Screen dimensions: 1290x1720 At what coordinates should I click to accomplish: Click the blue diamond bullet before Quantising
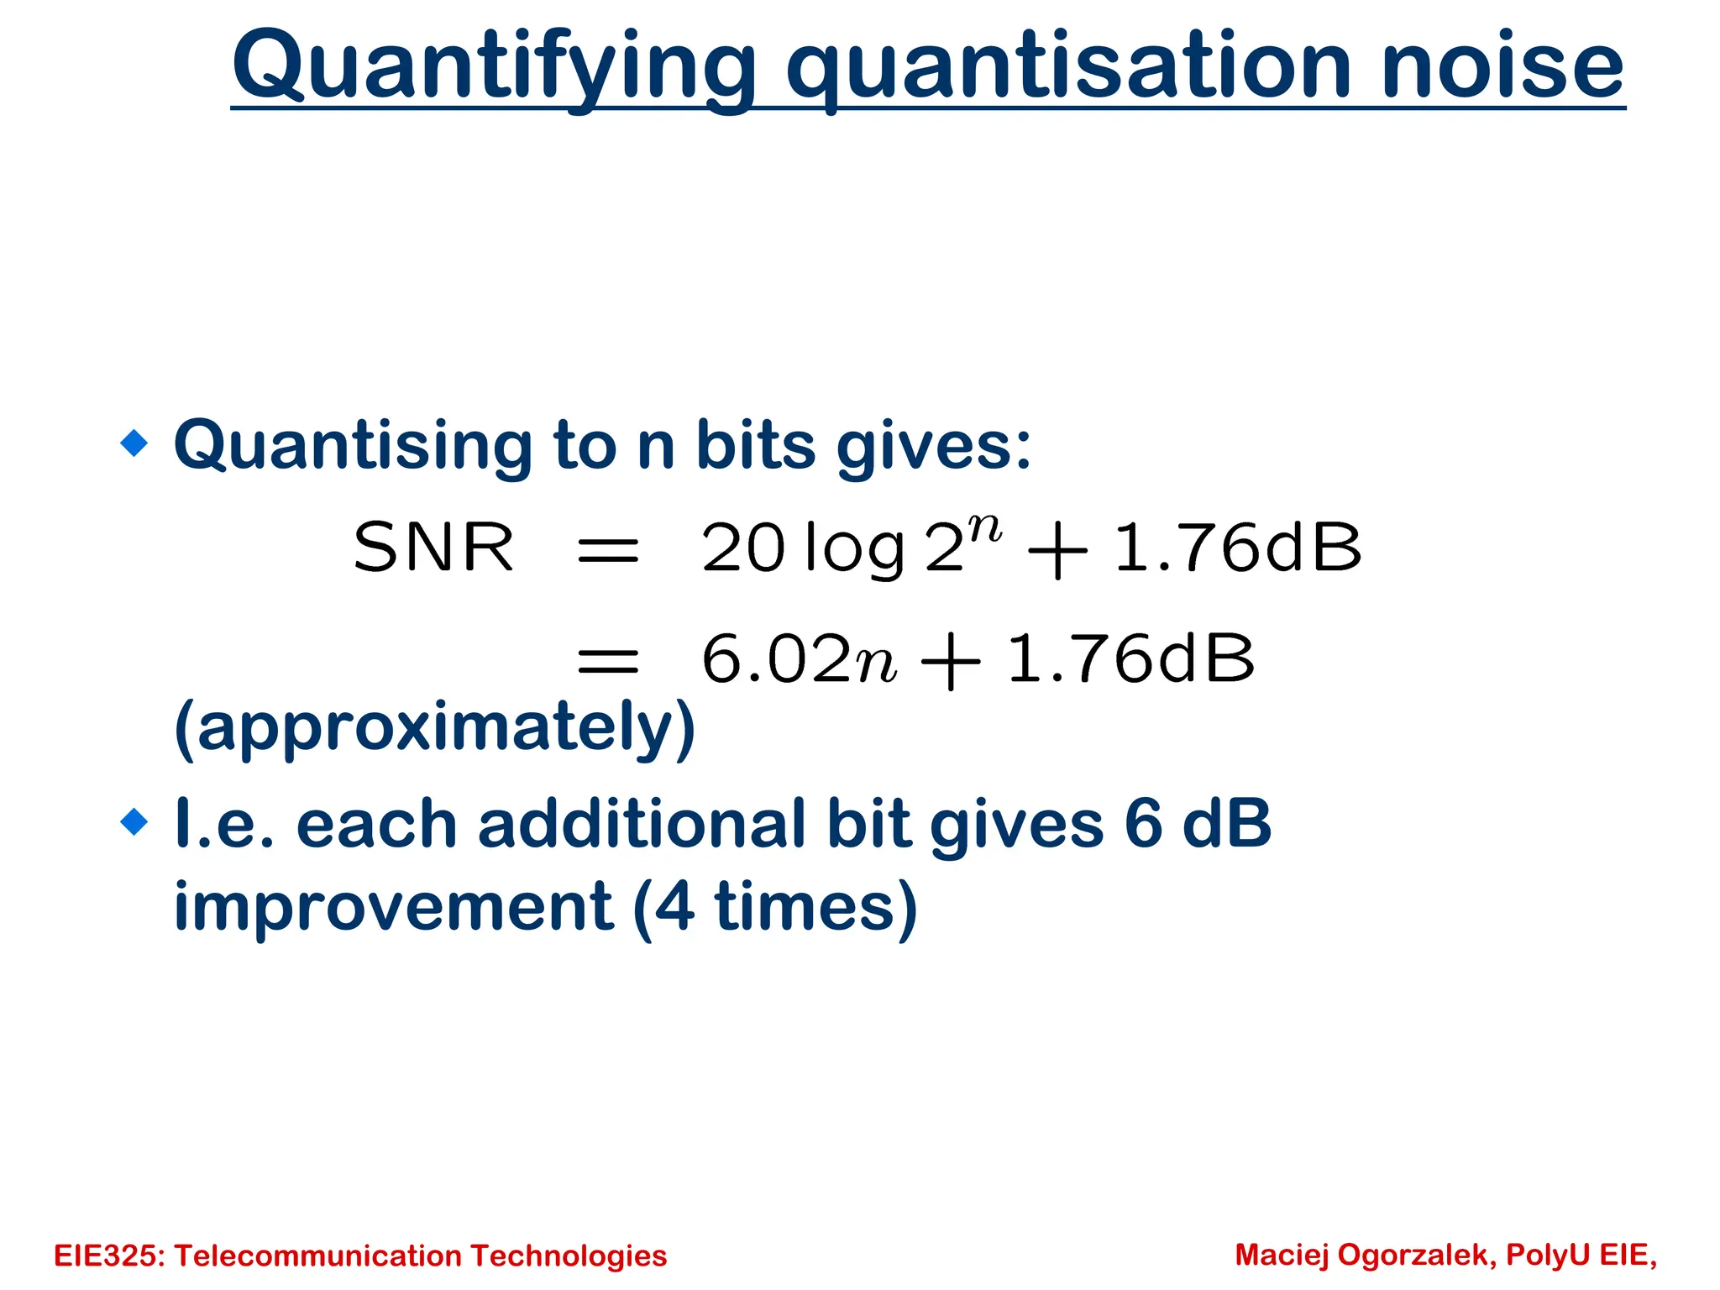click(x=134, y=443)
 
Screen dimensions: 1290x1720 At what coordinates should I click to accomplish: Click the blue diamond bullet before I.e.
click(x=134, y=821)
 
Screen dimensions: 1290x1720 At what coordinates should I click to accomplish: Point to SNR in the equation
click(x=433, y=548)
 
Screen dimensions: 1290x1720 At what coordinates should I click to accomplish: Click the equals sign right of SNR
click(x=608, y=551)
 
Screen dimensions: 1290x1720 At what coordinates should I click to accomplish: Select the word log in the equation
click(x=853, y=549)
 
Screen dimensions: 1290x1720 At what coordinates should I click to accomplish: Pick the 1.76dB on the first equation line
click(x=1236, y=548)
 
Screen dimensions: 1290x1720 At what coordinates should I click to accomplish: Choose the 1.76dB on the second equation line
click(x=1130, y=658)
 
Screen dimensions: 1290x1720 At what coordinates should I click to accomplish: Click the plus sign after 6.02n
click(x=950, y=662)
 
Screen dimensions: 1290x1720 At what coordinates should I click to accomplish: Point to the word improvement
click(x=394, y=907)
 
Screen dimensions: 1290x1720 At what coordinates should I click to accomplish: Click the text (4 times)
click(x=774, y=907)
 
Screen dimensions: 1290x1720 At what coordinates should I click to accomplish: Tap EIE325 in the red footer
click(x=108, y=1256)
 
